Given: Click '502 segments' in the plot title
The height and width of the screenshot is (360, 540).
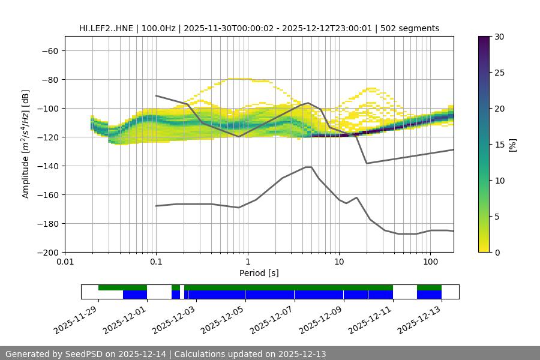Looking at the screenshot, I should point(414,28).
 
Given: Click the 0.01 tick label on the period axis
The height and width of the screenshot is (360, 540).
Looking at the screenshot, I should point(65,262).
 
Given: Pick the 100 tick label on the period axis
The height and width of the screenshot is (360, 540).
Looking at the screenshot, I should point(430,262).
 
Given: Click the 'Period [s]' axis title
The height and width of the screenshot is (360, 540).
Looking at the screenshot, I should point(259,273).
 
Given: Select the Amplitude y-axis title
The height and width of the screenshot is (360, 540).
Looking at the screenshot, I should point(26,144).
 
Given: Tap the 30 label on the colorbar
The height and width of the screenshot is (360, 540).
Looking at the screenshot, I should point(500,37).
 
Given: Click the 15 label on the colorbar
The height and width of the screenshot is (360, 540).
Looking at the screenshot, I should point(500,145).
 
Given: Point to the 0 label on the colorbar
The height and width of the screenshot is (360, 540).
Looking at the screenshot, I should point(498,253).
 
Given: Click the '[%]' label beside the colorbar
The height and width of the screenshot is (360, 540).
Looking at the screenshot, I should point(513,145).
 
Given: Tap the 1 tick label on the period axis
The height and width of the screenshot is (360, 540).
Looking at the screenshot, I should point(247,262).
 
